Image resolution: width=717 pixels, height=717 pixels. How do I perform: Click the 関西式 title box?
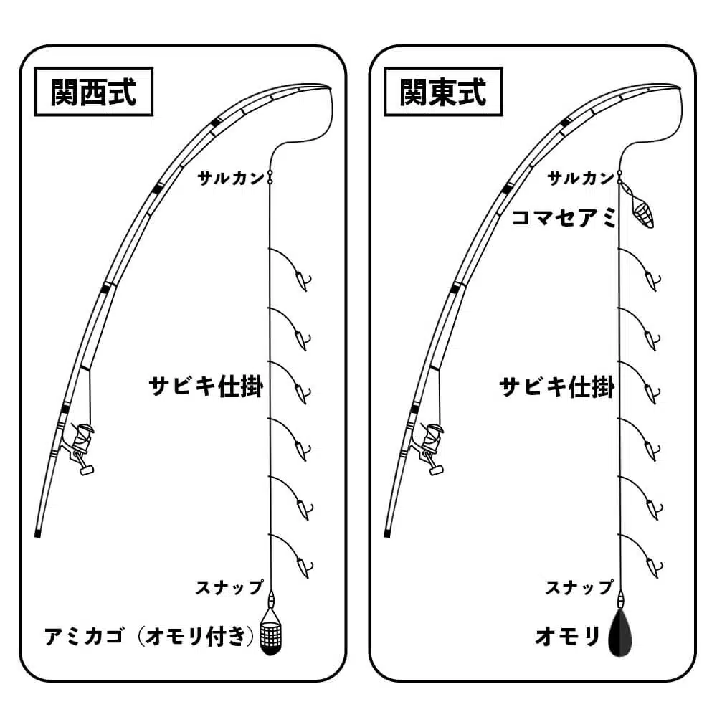[94, 91]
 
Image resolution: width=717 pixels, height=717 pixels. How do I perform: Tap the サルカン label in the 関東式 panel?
[580, 179]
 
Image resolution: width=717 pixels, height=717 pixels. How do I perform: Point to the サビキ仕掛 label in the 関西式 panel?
[206, 386]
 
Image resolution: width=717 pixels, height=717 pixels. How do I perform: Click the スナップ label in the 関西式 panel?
[229, 587]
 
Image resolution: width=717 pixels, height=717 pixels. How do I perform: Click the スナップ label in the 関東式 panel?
[579, 587]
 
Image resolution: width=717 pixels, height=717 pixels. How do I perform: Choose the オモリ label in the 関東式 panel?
[566, 637]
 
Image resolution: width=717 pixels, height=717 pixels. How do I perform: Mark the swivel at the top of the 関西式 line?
[270, 177]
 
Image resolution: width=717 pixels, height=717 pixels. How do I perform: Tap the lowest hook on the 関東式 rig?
[651, 566]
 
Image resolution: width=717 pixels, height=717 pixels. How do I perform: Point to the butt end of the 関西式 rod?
[38, 533]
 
